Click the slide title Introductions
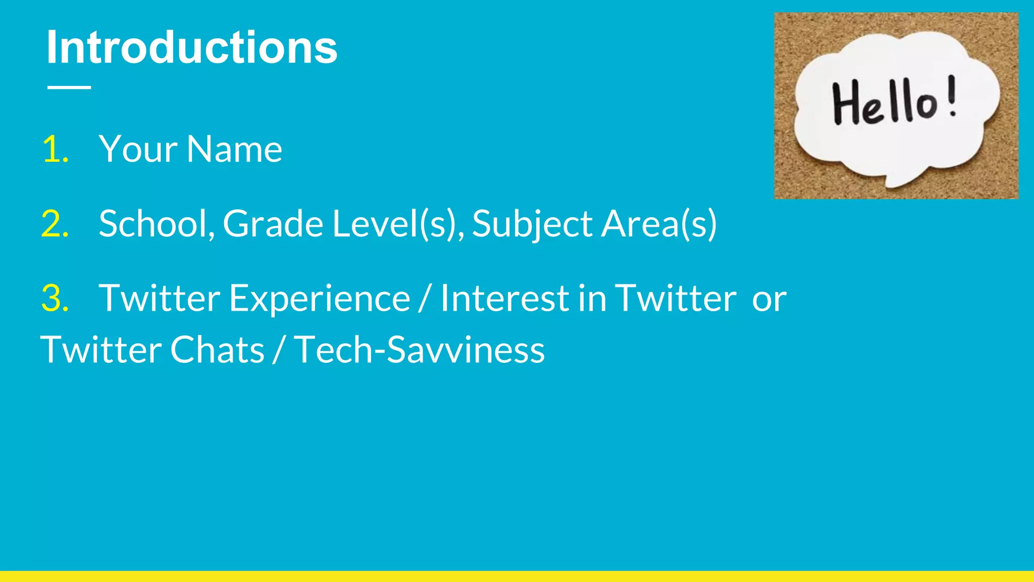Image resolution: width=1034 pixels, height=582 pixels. (191, 47)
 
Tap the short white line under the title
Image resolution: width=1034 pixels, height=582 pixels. (69, 87)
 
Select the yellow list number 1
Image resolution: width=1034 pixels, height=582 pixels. (55, 150)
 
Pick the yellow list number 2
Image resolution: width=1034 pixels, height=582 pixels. (55, 224)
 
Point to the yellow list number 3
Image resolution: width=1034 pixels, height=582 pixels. (55, 298)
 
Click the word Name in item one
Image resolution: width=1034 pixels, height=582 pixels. (234, 150)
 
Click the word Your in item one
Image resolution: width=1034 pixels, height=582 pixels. (138, 150)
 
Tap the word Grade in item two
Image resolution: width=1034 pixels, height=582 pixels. (273, 224)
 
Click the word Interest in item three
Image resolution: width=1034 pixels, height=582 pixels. (505, 298)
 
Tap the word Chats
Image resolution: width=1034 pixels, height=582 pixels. (217, 350)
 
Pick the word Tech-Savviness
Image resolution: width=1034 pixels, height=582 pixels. (420, 350)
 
